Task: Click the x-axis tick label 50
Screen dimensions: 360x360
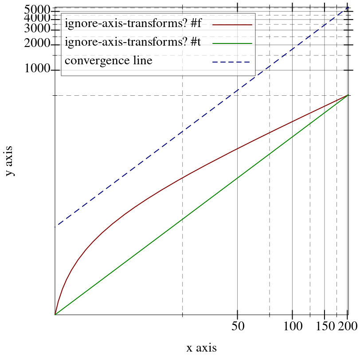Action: (x=238, y=327)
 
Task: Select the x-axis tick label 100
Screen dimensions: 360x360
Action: (x=292, y=327)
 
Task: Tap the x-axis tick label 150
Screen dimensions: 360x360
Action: (x=326, y=327)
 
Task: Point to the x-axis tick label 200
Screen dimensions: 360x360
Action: (x=348, y=327)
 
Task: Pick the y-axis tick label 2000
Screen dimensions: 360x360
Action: (x=37, y=45)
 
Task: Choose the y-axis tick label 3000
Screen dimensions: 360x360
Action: (x=37, y=29)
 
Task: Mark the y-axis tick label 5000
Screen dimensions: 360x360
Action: (x=37, y=9)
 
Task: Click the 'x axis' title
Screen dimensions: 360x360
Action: (x=202, y=348)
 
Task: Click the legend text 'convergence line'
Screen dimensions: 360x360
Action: (x=109, y=61)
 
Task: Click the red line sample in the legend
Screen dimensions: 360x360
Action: (x=232, y=25)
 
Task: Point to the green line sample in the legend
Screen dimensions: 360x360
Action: (x=232, y=43)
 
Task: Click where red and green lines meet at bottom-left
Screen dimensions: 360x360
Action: (x=55, y=314)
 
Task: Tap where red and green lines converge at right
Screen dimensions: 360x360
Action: (x=348, y=95)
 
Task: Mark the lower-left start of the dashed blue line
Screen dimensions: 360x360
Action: (x=55, y=227)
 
